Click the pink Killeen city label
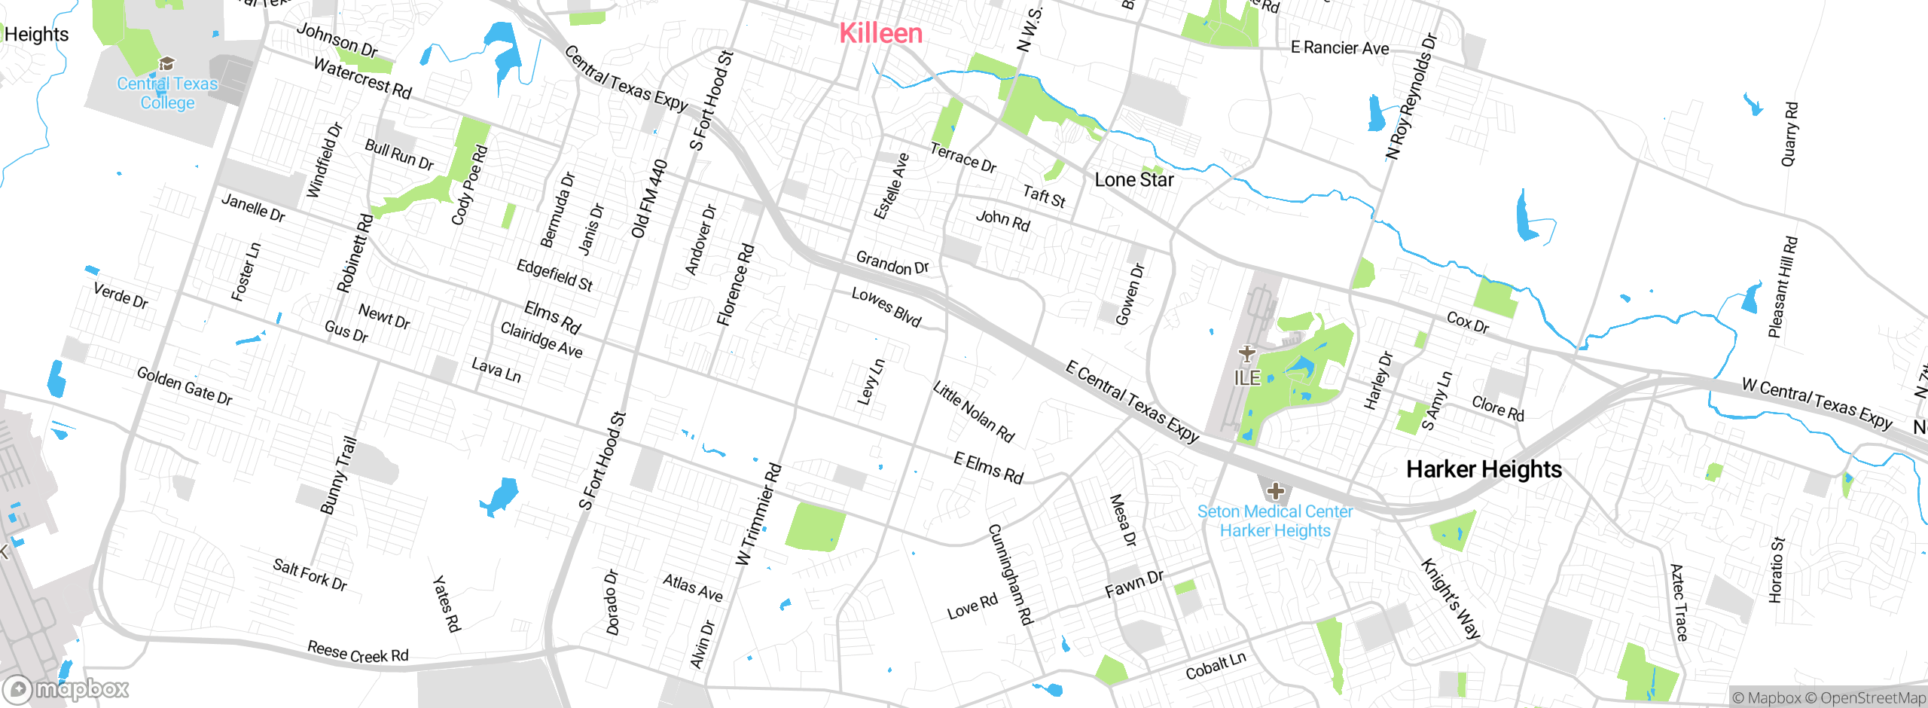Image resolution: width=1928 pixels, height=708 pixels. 880,33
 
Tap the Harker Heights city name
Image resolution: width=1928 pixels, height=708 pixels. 1484,469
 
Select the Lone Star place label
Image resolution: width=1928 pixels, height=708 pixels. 1133,180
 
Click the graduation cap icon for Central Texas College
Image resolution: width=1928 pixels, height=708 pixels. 166,63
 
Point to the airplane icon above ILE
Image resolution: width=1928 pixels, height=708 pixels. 1247,353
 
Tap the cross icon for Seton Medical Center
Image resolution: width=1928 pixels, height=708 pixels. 1275,492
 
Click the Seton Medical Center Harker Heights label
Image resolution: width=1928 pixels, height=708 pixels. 1275,521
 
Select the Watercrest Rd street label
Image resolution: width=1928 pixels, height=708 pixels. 362,78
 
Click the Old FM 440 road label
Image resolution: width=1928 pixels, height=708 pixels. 649,199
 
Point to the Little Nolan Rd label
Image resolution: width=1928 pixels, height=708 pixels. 973,412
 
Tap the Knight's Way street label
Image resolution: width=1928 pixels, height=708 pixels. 1451,599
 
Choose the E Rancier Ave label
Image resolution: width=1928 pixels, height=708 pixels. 1339,48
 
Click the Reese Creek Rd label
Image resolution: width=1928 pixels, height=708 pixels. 358,652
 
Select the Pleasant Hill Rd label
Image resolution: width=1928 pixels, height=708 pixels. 1783,287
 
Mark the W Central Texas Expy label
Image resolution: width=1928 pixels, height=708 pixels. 1817,404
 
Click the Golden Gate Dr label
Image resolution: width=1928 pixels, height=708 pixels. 185,386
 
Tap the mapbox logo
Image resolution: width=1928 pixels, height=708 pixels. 66,689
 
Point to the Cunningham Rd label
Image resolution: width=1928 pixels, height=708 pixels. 1010,575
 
